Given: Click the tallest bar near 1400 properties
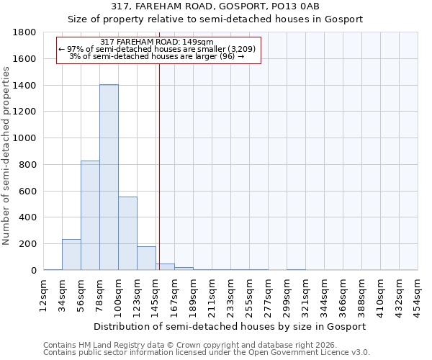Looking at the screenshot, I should [109, 177].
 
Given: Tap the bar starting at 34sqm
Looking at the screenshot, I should [71, 255].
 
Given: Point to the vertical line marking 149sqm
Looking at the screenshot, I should [159, 166].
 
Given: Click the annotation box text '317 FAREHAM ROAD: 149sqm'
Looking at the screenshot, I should [157, 42].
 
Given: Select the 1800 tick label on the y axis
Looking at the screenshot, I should [25, 32].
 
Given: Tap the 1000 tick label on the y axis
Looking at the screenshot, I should [25, 138].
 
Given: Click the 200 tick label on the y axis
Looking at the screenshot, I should [28, 244].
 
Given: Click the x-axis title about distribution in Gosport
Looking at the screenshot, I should [230, 326].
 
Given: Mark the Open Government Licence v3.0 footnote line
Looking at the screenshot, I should [207, 353].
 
